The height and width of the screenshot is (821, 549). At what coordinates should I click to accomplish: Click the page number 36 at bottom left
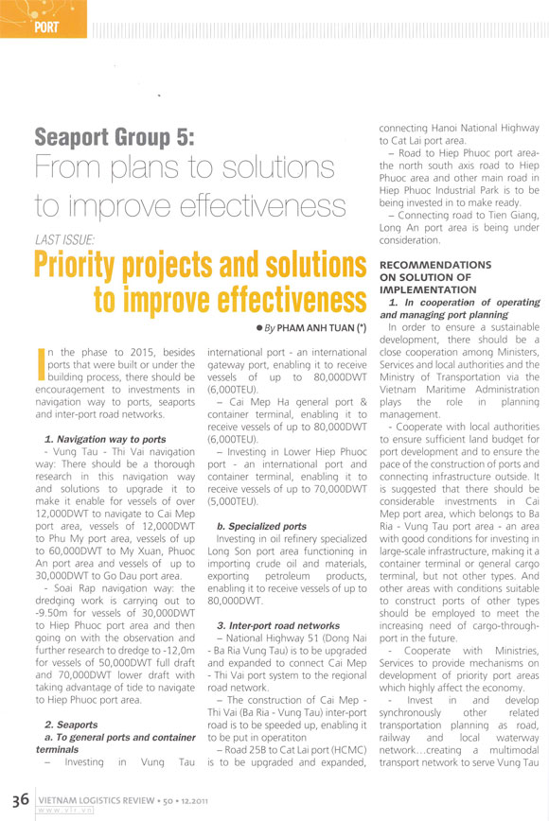[18, 798]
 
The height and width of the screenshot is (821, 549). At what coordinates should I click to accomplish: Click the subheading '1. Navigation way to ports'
[105, 440]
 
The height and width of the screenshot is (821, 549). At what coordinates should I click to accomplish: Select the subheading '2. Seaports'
[72, 724]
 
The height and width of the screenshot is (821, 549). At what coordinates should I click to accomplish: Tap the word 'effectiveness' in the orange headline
[270, 300]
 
